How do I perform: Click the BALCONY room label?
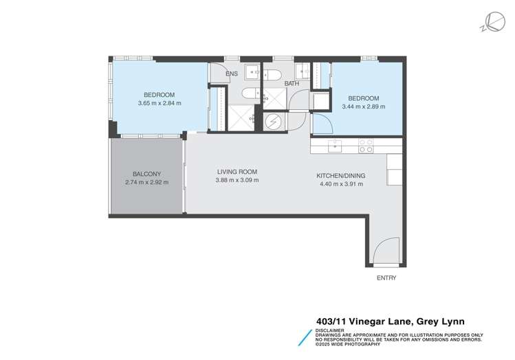click(x=146, y=174)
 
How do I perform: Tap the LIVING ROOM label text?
click(x=237, y=172)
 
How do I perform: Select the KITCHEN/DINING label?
click(x=340, y=175)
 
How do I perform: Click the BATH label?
click(x=292, y=83)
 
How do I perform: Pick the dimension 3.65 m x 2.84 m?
click(x=159, y=104)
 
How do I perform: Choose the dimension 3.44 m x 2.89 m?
click(x=363, y=106)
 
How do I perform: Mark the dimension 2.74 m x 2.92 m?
click(x=146, y=182)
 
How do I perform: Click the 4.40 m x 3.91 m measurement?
click(x=340, y=183)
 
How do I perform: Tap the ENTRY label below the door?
click(x=386, y=278)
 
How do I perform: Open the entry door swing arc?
click(x=386, y=249)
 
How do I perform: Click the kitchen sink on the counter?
click(x=335, y=145)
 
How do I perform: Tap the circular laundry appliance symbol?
click(x=273, y=121)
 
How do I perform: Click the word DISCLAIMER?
click(x=331, y=329)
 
